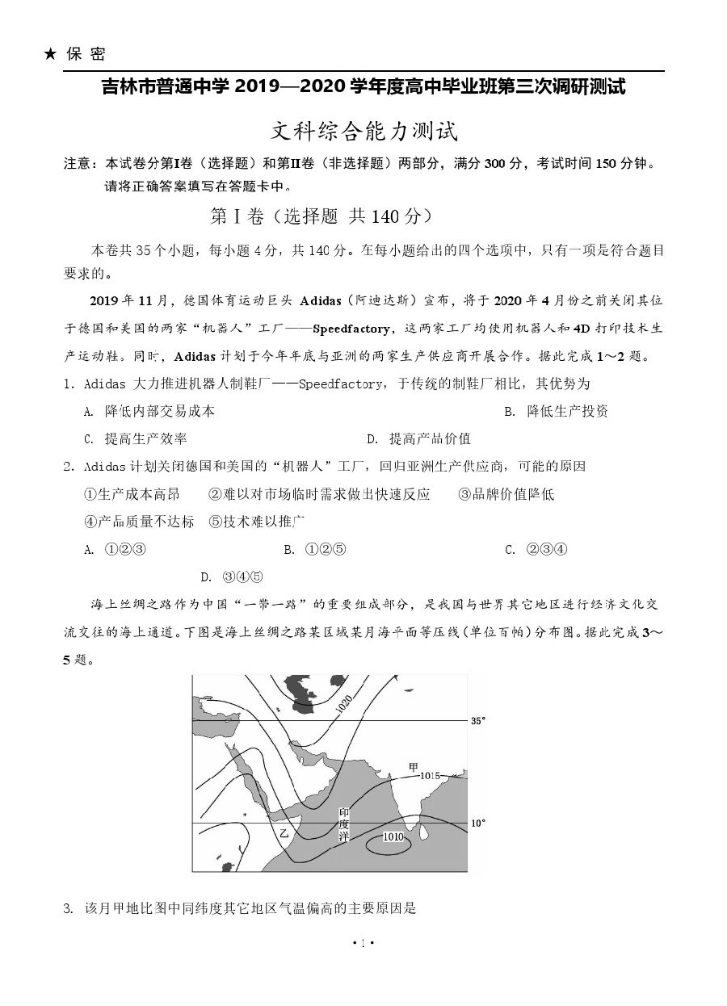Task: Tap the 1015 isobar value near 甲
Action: (x=430, y=775)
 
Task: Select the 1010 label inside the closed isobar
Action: (x=393, y=837)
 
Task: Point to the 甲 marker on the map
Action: (x=414, y=766)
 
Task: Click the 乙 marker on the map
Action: (x=284, y=832)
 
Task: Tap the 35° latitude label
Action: (x=478, y=720)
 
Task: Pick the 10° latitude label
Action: (x=478, y=823)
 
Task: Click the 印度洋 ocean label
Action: (x=344, y=824)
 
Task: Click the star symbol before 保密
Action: (x=50, y=54)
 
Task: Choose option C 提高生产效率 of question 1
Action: (x=136, y=438)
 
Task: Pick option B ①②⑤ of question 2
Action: (x=314, y=550)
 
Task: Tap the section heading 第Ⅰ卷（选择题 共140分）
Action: (x=321, y=216)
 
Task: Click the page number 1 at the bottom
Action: (x=363, y=942)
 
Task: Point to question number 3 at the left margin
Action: (x=68, y=908)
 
